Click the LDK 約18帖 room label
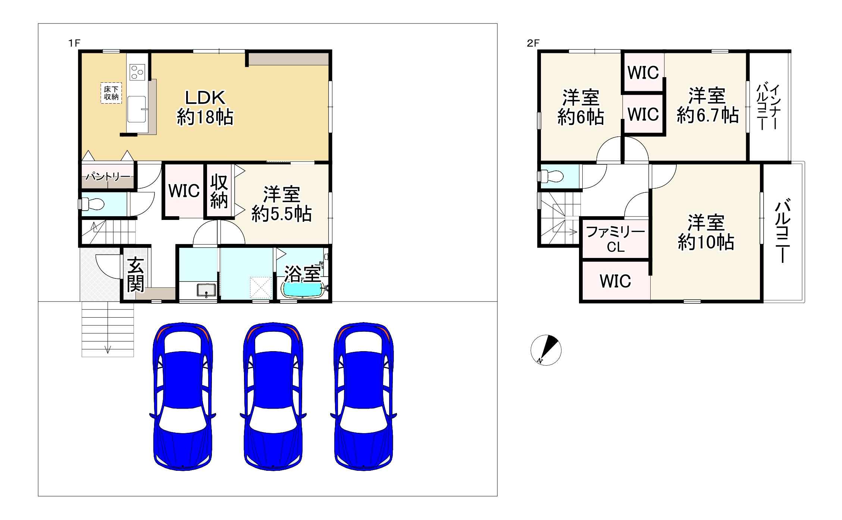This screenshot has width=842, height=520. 205,108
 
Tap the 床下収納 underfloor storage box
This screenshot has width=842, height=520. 111,93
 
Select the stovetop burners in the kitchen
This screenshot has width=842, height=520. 137,72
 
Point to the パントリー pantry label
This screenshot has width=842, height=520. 108,176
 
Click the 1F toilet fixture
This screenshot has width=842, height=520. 92,204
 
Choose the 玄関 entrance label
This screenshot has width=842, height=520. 135,274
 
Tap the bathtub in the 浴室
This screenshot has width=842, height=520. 302,290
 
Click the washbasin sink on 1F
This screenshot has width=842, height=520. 206,290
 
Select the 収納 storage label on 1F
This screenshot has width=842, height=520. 219,192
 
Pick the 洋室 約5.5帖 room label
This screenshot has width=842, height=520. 282,204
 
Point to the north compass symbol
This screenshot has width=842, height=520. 546,350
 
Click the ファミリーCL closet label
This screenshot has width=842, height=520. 616,239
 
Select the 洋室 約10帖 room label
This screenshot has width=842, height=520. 706,232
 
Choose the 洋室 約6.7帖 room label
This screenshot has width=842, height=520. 707,105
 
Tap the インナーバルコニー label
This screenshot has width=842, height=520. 769,107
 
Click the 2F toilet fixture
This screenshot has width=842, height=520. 551,176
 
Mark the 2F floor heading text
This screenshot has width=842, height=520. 533,43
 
